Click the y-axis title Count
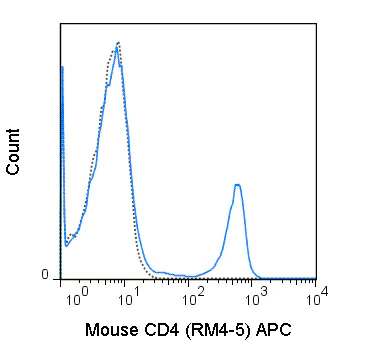click(14, 152)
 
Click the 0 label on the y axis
click(44, 275)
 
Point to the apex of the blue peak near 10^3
click(237, 184)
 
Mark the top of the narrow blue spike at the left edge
click(62, 67)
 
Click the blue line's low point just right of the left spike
click(66, 244)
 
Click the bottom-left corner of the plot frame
click(60, 279)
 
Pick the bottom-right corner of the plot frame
click(316, 279)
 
